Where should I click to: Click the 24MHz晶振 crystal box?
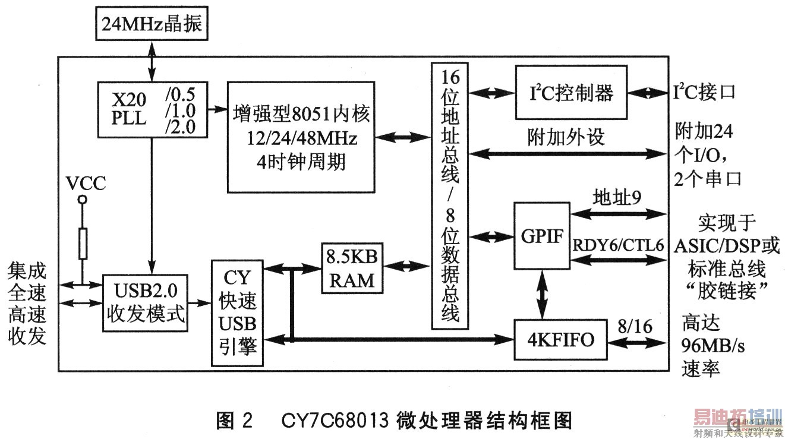tap(152, 24)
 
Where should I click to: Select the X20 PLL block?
tap(153, 109)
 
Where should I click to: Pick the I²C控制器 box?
tap(570, 93)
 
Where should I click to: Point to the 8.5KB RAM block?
tap(352, 268)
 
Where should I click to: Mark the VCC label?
tap(86, 184)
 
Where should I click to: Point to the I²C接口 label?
tap(704, 93)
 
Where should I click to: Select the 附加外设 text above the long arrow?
tap(566, 138)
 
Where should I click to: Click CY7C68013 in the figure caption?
tap(341, 421)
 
